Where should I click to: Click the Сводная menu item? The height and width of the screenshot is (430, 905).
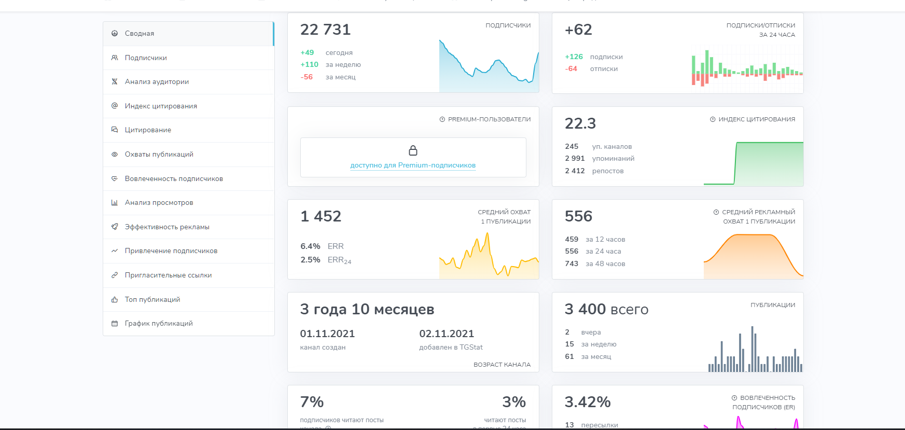[x=139, y=34]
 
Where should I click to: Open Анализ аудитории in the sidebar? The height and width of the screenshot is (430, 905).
[x=156, y=82]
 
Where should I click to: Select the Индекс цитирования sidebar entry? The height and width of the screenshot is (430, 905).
[x=160, y=106]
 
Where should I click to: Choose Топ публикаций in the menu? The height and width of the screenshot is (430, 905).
[x=152, y=300]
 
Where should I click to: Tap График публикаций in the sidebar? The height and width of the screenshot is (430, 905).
[x=158, y=324]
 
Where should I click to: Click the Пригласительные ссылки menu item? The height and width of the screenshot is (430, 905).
[x=168, y=275]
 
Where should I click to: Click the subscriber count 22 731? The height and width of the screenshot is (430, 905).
[x=325, y=30]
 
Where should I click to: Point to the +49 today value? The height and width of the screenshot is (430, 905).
[x=307, y=53]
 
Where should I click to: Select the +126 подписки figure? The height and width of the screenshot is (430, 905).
[x=574, y=57]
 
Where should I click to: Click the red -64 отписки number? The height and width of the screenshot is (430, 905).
[x=571, y=69]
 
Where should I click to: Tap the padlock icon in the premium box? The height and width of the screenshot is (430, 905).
[x=413, y=150]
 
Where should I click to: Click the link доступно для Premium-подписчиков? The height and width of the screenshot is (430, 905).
[x=413, y=165]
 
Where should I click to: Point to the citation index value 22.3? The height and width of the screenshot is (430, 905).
[x=580, y=124]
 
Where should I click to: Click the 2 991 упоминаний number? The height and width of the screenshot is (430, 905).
[x=575, y=159]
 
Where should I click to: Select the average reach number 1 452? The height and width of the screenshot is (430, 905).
[x=321, y=217]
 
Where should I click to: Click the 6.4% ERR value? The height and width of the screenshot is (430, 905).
[x=310, y=246]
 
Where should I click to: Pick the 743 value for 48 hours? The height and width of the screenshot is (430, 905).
[x=572, y=264]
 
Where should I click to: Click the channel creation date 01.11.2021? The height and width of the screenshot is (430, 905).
[x=327, y=334]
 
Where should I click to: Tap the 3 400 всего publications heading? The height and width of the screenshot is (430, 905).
[x=606, y=310]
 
